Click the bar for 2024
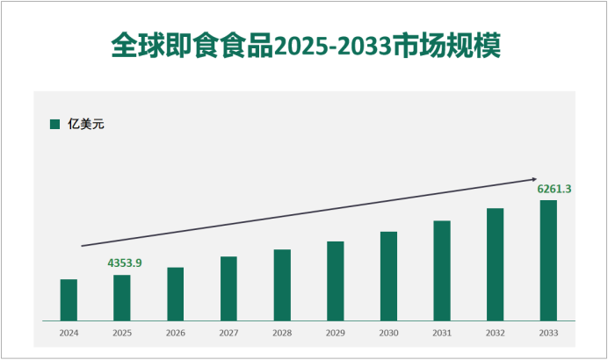[69, 299]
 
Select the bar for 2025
[122, 298]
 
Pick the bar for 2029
[335, 280]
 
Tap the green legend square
[54, 124]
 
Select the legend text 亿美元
[86, 124]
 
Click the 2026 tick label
[176, 334]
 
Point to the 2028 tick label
[282, 334]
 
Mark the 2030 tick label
[388, 334]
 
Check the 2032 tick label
[496, 334]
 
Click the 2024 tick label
[69, 334]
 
